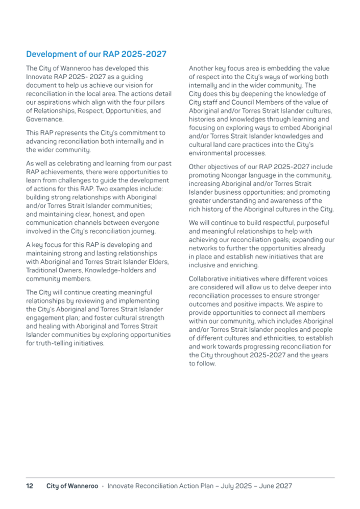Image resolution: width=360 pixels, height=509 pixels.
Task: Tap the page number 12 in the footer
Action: click(30, 485)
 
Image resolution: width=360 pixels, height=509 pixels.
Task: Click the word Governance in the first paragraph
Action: click(44, 120)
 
